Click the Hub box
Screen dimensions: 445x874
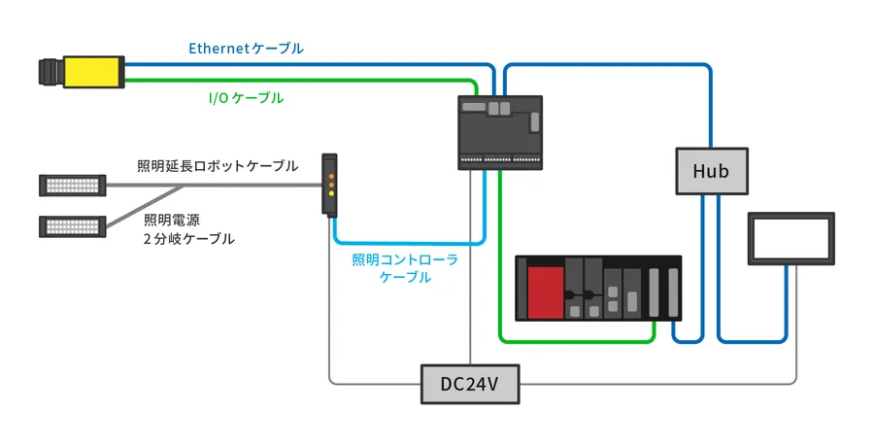pyautogui.click(x=711, y=171)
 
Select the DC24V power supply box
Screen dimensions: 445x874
pyautogui.click(x=469, y=384)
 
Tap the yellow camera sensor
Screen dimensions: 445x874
pyautogui.click(x=91, y=72)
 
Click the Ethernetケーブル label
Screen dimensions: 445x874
pyautogui.click(x=245, y=48)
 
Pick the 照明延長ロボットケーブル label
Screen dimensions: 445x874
pyautogui.click(x=218, y=165)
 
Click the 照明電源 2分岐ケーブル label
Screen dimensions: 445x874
pyautogui.click(x=189, y=228)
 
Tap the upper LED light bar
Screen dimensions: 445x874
pyautogui.click(x=73, y=183)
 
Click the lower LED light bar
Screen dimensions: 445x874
pyautogui.click(x=73, y=225)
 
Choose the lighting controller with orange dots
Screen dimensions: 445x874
pyautogui.click(x=330, y=183)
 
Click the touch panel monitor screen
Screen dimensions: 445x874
pyautogui.click(x=791, y=237)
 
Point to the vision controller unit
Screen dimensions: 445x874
pyautogui.click(x=499, y=131)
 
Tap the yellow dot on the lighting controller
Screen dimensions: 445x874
pyautogui.click(x=330, y=194)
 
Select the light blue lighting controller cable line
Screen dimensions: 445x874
pyautogui.click(x=408, y=242)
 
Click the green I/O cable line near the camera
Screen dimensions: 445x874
pyautogui.click(x=291, y=82)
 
